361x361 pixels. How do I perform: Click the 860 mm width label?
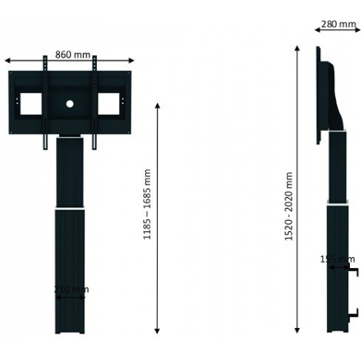(x=69, y=54)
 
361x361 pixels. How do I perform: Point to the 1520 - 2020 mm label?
(x=288, y=207)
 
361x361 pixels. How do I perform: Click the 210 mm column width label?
(x=70, y=289)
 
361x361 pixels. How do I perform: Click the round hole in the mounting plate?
(x=69, y=102)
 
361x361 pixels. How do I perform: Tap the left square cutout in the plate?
(x=30, y=102)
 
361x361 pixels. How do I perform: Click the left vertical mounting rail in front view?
(x=44, y=102)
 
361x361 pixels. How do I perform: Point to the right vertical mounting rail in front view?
(x=95, y=102)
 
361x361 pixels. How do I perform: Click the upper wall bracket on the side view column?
(x=352, y=272)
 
